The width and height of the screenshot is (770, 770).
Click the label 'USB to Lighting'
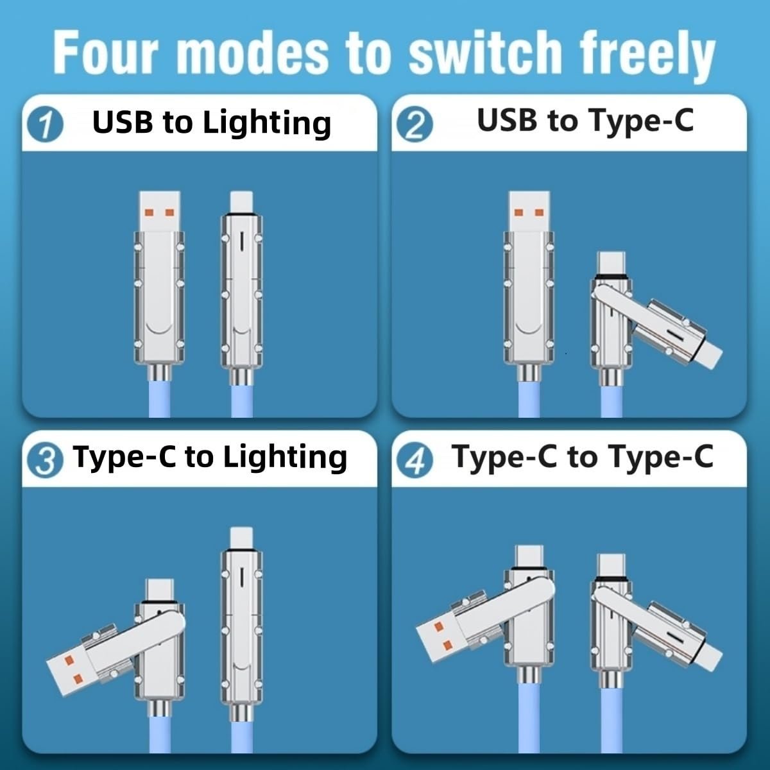coord(212,123)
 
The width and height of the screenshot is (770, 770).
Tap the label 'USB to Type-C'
coord(585,120)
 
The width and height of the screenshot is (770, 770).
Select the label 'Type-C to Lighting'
coord(210,457)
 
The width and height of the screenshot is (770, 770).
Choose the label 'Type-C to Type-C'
coord(582,457)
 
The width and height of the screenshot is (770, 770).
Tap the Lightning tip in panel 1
coord(241,200)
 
